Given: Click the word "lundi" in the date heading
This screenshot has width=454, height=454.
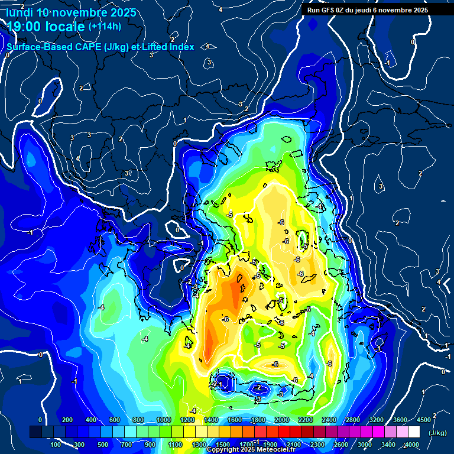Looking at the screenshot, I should pyautogui.click(x=20, y=12).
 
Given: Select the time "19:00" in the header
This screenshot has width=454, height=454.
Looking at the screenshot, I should pyautogui.click(x=25, y=26).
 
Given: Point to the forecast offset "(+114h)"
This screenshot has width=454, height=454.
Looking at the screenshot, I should pyautogui.click(x=105, y=26).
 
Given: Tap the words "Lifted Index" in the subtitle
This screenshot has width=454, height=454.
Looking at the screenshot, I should pyautogui.click(x=168, y=47).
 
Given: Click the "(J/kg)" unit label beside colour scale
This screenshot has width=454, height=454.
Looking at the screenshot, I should pyautogui.click(x=437, y=433).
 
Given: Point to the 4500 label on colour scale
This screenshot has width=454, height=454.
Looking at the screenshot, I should pyautogui.click(x=424, y=420).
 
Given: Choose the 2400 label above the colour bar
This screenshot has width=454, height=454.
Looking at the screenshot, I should pyautogui.click(x=329, y=420).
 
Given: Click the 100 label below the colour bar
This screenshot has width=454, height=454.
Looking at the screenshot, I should pyautogui.click(x=56, y=445).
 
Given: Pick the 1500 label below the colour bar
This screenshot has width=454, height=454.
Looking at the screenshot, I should pyautogui.click(x=223, y=445).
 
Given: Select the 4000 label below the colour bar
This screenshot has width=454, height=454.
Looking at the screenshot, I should pyautogui.click(x=412, y=445).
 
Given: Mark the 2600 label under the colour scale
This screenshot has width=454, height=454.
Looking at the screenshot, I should pyautogui.click(x=341, y=445).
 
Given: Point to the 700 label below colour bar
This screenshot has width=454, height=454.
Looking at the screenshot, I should pyautogui.click(x=127, y=445).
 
